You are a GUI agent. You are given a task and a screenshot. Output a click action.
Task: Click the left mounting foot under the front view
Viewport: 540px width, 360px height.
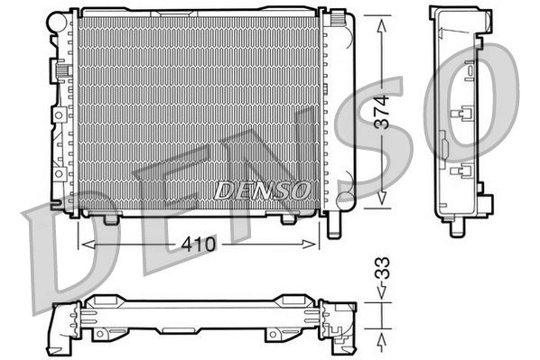click(111, 218)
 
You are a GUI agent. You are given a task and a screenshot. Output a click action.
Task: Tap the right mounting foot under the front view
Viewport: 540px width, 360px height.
click(287, 218)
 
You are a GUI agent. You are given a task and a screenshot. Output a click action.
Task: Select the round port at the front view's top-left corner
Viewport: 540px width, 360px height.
click(64, 18)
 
